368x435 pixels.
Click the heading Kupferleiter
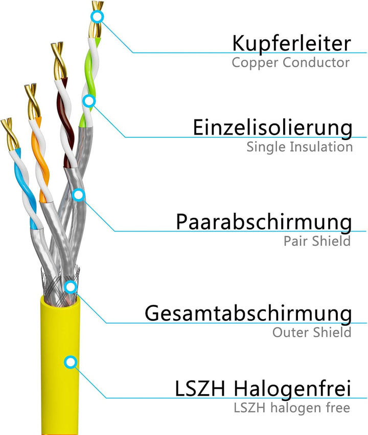pyautogui.click(x=291, y=43)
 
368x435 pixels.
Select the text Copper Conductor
pyautogui.click(x=290, y=63)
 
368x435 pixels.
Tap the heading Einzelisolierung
pyautogui.click(x=272, y=127)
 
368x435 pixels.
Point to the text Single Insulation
pyautogui.click(x=299, y=147)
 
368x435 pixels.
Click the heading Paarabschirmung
pyautogui.click(x=264, y=222)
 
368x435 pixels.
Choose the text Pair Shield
pyautogui.click(x=317, y=241)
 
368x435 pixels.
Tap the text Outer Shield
pyautogui.click(x=311, y=332)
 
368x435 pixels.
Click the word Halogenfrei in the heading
pyautogui.click(x=292, y=390)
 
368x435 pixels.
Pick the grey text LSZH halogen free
pyautogui.click(x=291, y=408)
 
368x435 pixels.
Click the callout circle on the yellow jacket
pyautogui.click(x=70, y=363)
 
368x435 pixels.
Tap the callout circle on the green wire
pyautogui.click(x=89, y=101)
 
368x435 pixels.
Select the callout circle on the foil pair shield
pyautogui.click(x=78, y=194)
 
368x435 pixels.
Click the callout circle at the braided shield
pyautogui.click(x=71, y=286)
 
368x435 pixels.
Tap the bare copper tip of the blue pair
pyautogui.click(x=10, y=133)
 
